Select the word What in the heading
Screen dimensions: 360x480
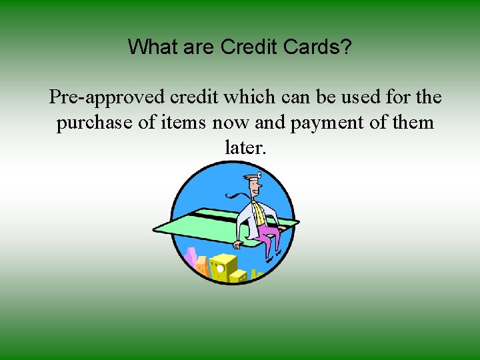150,47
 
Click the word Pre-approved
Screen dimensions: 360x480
107,97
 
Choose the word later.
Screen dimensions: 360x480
246,147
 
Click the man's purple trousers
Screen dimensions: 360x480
268,237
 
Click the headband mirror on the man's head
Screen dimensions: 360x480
259,176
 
